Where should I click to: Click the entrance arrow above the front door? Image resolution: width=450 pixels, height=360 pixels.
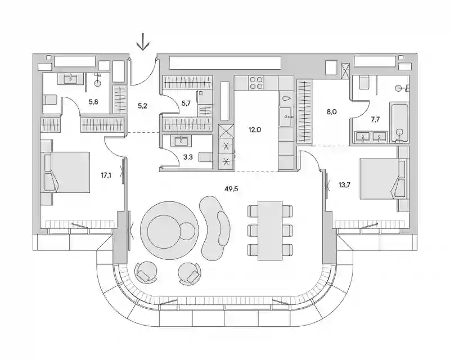pos(143,42)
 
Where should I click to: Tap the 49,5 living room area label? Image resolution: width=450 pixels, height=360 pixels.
pos(232,189)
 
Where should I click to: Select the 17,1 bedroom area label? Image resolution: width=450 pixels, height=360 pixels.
pos(106,175)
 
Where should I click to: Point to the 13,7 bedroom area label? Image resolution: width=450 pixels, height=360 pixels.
pos(344,185)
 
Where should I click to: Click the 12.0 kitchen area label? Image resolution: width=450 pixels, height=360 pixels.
pos(255,130)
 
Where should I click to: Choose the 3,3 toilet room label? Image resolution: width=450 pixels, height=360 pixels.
pos(188,157)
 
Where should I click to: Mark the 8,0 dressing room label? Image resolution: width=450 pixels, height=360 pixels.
pos(331,112)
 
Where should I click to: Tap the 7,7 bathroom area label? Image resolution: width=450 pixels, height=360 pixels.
pos(375,119)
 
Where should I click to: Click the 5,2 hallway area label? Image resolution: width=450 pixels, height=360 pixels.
pos(142,106)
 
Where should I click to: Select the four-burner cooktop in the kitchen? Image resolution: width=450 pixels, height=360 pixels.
pos(256,83)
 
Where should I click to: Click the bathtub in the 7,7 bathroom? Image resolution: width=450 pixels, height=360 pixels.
pos(399,123)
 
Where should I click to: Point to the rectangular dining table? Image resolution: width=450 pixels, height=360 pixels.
pos(270,231)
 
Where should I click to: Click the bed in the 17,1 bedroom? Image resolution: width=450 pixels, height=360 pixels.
pos(66,172)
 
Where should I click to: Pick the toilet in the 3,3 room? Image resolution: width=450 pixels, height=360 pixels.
pos(205,157)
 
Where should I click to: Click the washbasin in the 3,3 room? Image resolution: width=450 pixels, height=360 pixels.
pos(181,141)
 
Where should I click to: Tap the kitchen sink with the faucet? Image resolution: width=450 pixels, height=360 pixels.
pos(286,116)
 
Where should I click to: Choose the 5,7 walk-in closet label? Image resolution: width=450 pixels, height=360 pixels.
pos(186,103)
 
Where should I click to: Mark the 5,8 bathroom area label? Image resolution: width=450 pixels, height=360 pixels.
pos(93,101)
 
